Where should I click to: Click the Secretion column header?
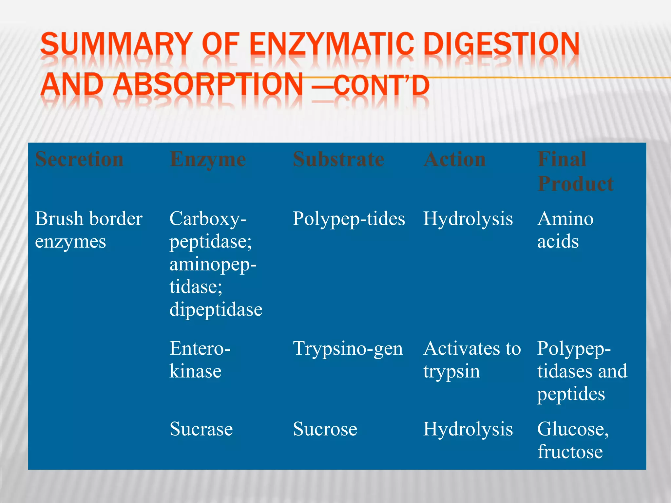click(x=79, y=159)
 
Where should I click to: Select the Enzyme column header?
click(x=208, y=159)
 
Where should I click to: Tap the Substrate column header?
click(x=338, y=159)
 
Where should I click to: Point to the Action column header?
click(x=454, y=159)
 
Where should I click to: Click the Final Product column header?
click(x=575, y=171)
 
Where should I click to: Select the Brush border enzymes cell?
click(x=88, y=230)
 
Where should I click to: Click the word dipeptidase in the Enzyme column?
click(x=216, y=309)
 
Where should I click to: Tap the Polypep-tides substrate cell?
click(x=349, y=219)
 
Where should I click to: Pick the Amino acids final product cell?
click(x=565, y=230)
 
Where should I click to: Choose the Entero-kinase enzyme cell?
click(x=200, y=360)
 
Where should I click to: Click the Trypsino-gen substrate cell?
click(x=348, y=349)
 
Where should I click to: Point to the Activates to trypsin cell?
click(x=472, y=360)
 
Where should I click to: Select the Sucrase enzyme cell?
click(x=201, y=429)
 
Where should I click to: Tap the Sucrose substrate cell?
click(x=325, y=429)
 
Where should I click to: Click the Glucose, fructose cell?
click(x=573, y=440)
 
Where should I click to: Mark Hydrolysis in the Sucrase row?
click(x=468, y=429)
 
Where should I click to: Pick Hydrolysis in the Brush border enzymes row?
click(x=468, y=219)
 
